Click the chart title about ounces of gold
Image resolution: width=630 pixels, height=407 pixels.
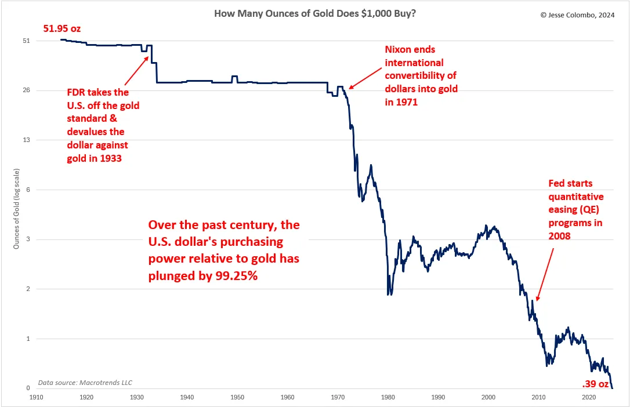(x=314, y=13)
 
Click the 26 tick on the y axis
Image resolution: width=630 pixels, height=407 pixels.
(x=26, y=90)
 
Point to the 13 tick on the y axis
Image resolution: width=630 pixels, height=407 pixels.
(x=26, y=140)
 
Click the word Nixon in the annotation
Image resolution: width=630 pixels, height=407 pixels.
(x=400, y=49)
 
